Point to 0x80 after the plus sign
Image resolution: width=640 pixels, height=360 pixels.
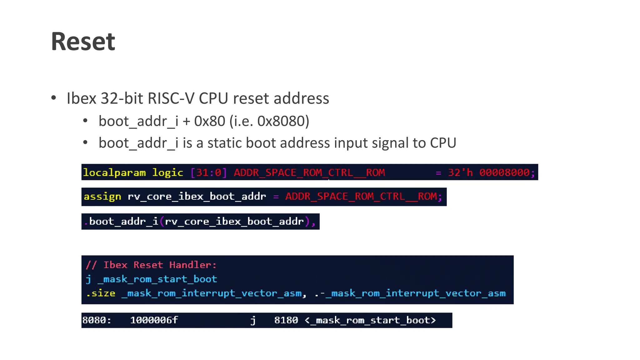coord(209,121)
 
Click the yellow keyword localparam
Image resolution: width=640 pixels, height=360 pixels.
coord(114,172)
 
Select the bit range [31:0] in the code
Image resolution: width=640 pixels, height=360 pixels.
coord(208,172)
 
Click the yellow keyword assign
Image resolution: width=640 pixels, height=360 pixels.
coord(102,197)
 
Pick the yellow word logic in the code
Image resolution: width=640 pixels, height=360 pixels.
coord(167,172)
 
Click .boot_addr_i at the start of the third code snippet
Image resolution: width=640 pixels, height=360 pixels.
coord(121,222)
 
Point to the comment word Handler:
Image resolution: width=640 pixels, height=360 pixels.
coord(193,265)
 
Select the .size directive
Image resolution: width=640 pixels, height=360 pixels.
coord(101,293)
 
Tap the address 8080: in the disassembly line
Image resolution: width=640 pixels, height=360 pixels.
coord(97,320)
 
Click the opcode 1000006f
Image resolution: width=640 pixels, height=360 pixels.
coord(154,320)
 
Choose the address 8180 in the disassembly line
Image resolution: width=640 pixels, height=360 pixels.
coord(286,320)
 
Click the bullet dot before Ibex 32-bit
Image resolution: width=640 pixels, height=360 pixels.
coord(54,98)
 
